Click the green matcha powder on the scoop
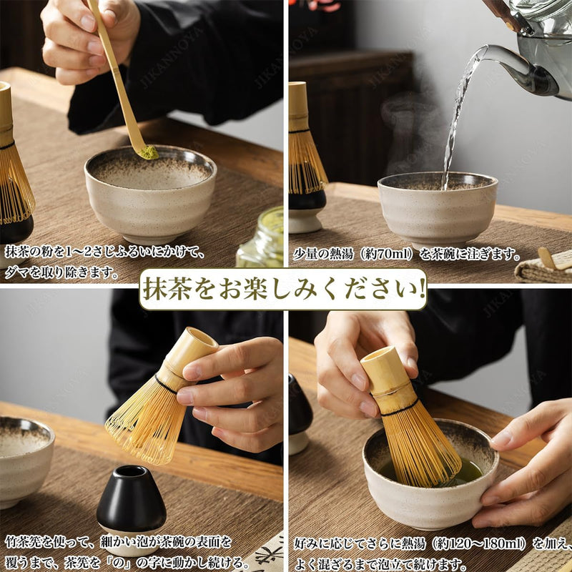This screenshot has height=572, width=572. (x=149, y=152)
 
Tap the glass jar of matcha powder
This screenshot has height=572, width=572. (x=260, y=237)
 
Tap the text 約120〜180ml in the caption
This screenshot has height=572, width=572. (x=479, y=543)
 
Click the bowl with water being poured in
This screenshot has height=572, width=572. (x=438, y=208)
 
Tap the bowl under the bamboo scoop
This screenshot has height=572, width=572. (x=150, y=193)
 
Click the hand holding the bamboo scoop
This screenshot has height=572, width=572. (x=87, y=40)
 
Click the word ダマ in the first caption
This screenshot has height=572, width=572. (x=17, y=272)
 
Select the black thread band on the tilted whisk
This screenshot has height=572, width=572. (x=165, y=384)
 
